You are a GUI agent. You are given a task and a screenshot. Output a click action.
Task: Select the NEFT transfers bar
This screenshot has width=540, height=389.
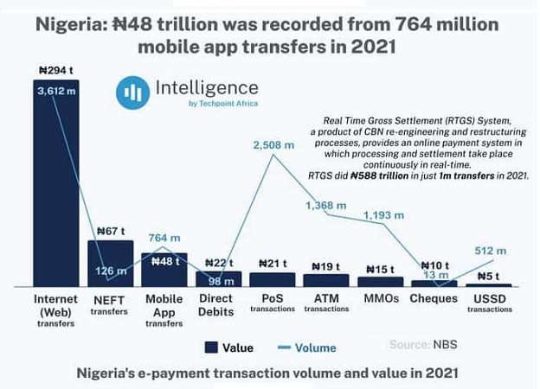point(110,263)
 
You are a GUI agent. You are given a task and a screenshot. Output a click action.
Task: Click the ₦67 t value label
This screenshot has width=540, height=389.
point(112,231)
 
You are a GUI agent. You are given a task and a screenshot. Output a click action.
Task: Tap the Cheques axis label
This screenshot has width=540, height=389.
point(434,299)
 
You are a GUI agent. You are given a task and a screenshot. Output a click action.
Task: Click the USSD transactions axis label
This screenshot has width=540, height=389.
point(488,303)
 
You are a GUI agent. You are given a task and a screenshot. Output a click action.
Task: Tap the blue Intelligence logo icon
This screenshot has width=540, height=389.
point(132,92)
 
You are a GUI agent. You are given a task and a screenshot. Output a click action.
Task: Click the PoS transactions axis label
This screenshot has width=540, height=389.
point(272,303)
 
